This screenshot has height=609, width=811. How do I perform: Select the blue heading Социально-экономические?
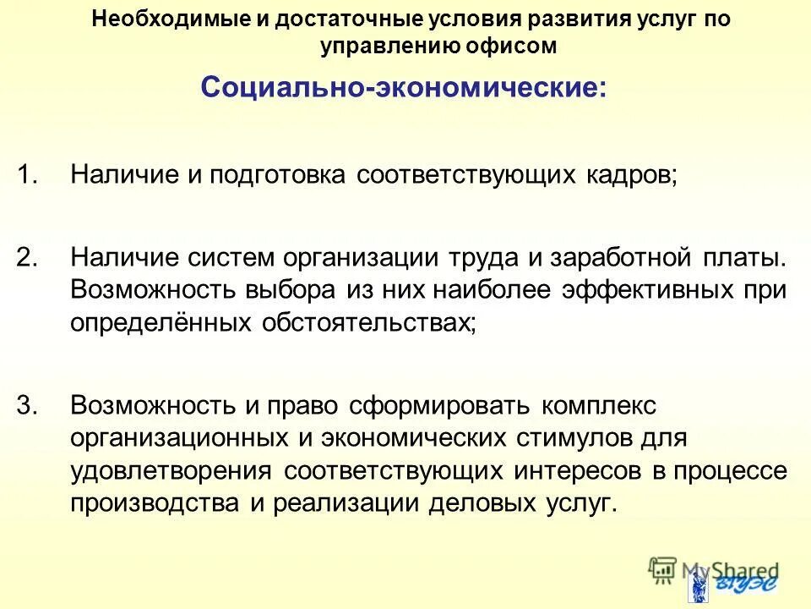[x=404, y=88]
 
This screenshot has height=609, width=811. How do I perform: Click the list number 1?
[x=28, y=175]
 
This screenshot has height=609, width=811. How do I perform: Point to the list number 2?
[x=28, y=256]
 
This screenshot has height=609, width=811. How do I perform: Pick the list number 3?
[x=28, y=405]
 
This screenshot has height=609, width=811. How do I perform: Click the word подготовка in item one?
[x=278, y=175]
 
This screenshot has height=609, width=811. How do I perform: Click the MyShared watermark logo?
[x=714, y=573]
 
